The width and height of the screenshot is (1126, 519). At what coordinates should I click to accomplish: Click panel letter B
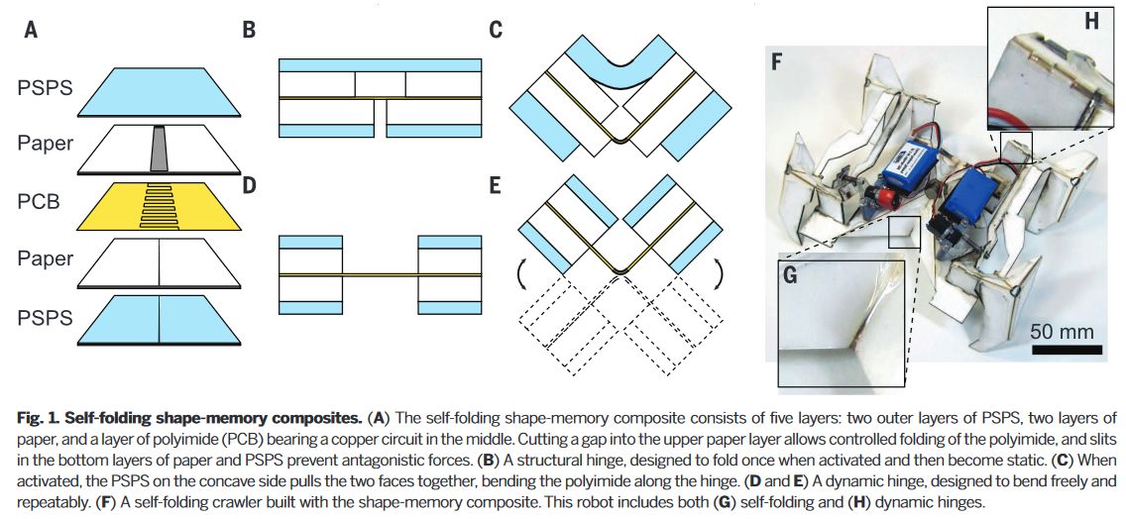click(249, 30)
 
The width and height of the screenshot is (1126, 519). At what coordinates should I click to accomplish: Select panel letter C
click(496, 30)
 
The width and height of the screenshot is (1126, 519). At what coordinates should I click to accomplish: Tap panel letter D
click(249, 184)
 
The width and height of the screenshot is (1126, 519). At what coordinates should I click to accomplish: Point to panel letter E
click(496, 184)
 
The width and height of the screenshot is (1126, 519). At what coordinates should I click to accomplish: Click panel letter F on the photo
click(778, 63)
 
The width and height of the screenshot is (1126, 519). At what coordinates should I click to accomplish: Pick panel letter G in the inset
click(791, 274)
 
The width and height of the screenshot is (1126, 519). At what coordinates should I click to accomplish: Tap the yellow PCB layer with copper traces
click(159, 201)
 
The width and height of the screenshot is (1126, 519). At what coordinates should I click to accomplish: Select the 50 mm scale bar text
click(1064, 329)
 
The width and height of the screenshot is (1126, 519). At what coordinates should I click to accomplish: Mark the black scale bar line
click(1064, 349)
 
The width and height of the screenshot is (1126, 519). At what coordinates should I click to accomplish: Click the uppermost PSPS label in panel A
click(45, 87)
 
